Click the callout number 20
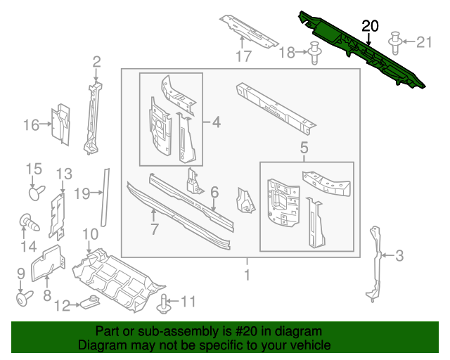[370, 26]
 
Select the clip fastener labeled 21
[396, 41]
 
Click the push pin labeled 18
[314, 53]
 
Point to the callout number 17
[243, 56]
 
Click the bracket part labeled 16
[61, 124]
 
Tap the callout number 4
[217, 122]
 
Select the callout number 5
[304, 148]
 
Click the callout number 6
[214, 191]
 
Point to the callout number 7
[154, 228]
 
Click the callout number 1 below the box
[246, 274]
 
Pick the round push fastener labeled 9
[22, 299]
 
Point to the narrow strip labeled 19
[106, 196]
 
